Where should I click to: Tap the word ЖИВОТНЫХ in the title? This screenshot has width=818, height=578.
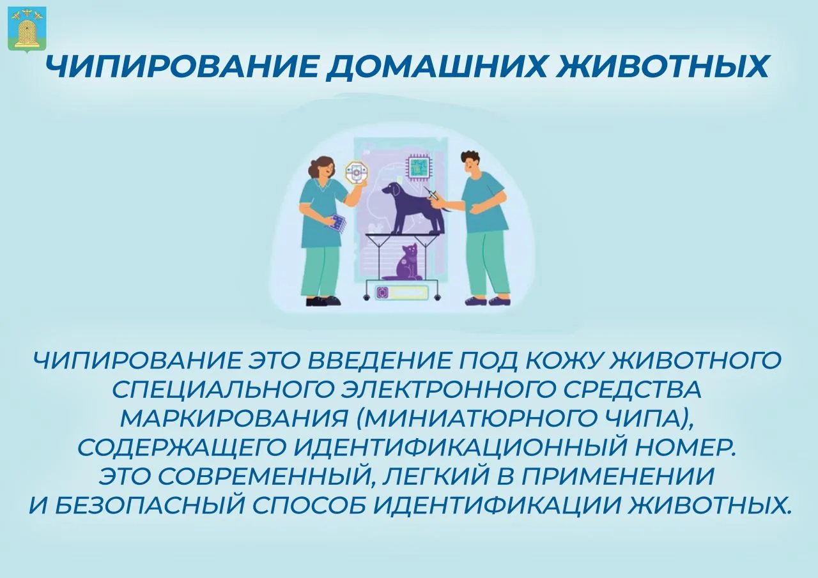[661, 67]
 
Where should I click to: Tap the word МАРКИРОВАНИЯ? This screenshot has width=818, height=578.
[234, 419]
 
